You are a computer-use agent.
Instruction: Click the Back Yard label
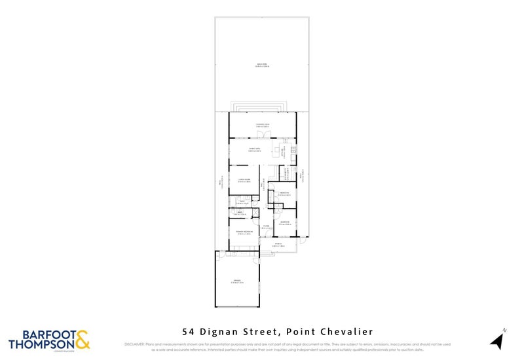[262, 64]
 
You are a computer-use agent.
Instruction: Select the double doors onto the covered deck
[262, 135]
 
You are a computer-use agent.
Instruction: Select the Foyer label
[266, 227]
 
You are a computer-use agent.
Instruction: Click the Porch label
[278, 245]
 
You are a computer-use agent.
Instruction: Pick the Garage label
[236, 282]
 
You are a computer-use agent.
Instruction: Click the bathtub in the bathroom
[240, 213]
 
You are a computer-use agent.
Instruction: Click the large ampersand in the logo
[83, 340]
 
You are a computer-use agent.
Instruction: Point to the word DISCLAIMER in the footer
[135, 344]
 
